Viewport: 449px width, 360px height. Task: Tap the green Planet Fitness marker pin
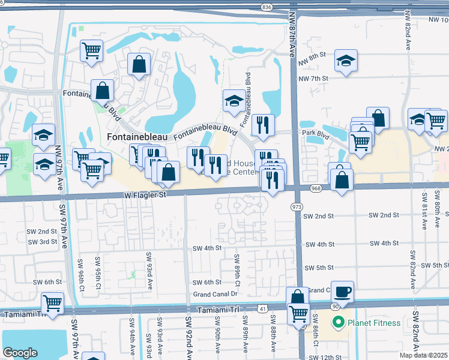point(337,322)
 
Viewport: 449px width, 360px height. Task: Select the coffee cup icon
point(342,292)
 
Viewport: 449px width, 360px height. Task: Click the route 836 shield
point(267,7)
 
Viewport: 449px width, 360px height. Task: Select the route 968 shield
point(316,188)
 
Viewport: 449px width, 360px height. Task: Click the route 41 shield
point(262,308)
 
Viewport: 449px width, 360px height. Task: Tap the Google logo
point(20,352)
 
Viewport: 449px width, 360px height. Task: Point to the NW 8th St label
point(316,55)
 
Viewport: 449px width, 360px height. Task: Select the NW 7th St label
point(316,78)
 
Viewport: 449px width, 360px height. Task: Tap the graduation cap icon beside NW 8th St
point(345,61)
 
